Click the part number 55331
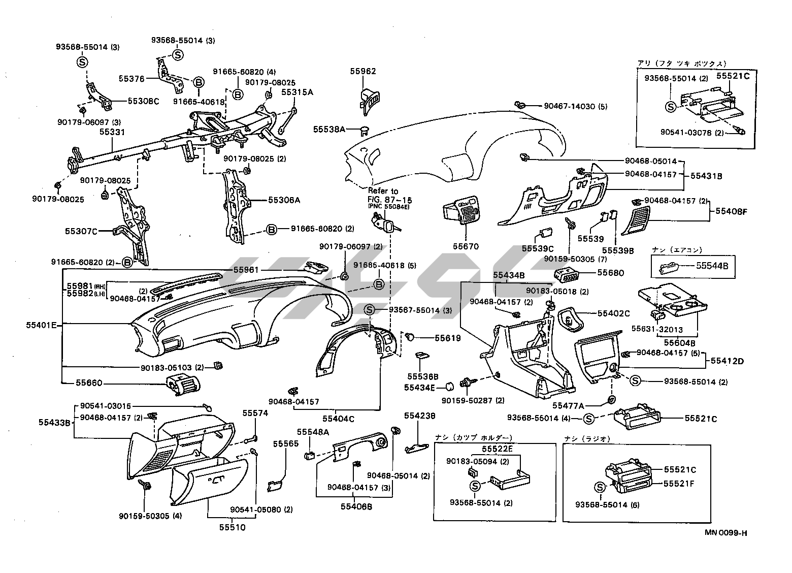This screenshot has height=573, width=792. click(x=111, y=132)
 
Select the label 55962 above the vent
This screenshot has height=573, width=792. click(x=363, y=71)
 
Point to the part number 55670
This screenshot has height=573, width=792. click(x=466, y=246)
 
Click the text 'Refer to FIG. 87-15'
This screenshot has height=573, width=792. click(x=383, y=195)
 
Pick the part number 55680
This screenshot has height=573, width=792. click(x=611, y=273)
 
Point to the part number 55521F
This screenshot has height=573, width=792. click(x=679, y=483)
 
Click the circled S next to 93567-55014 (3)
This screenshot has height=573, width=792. click(x=370, y=310)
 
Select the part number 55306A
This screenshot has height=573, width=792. click(x=284, y=200)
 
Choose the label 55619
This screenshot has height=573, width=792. click(x=447, y=338)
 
